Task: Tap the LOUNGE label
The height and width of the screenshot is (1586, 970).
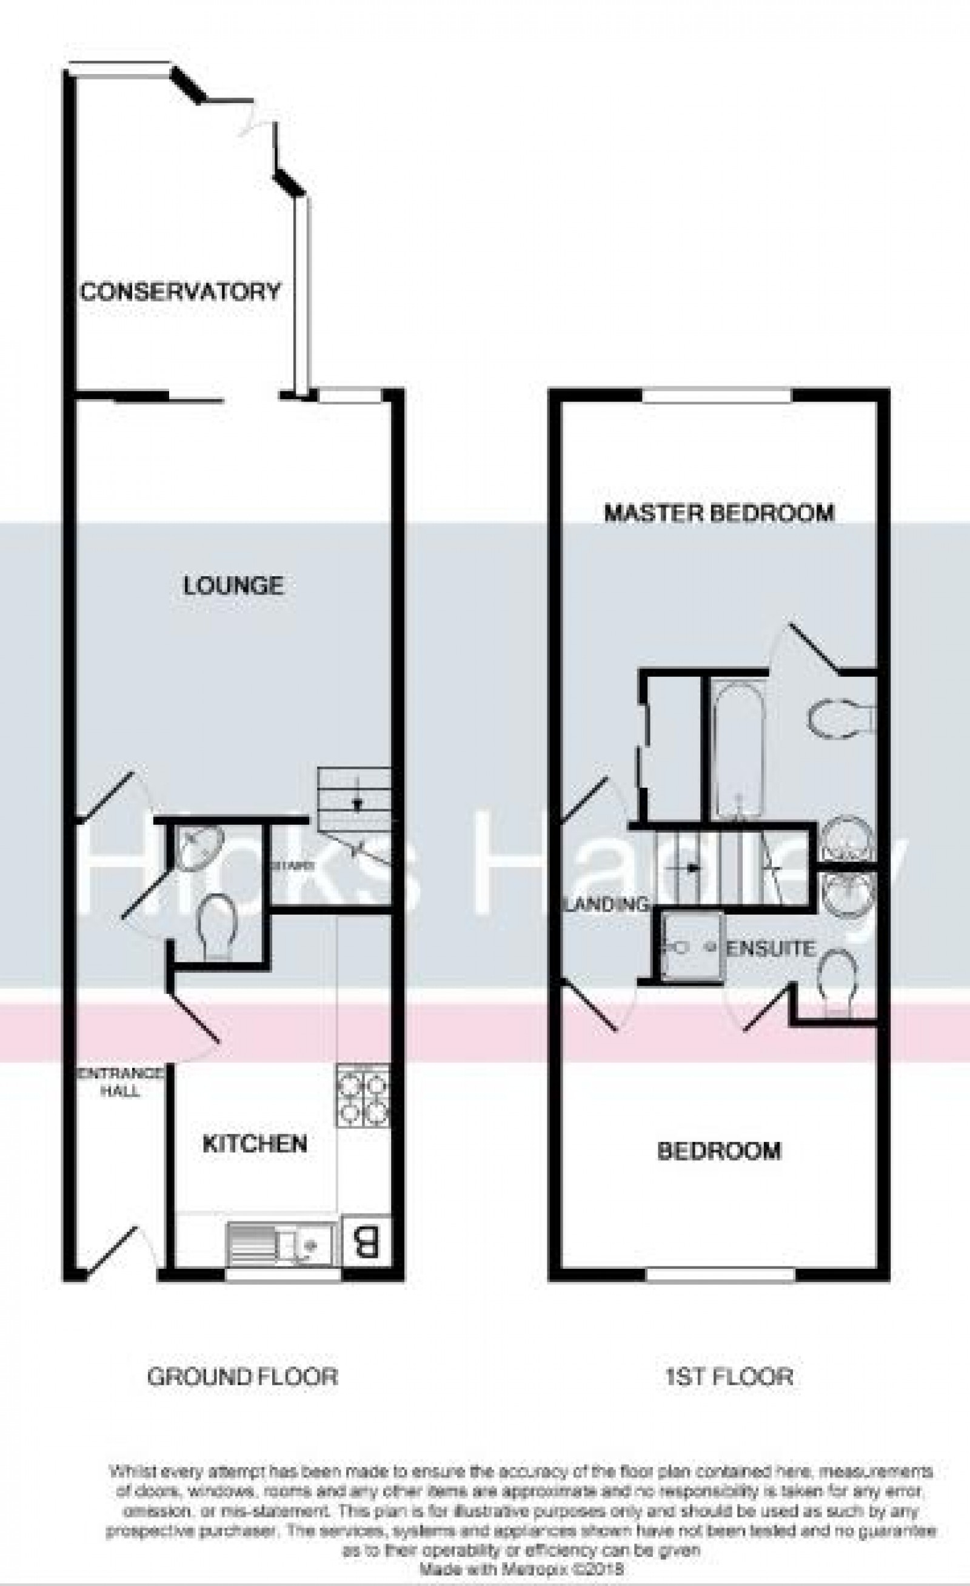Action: pos(233,586)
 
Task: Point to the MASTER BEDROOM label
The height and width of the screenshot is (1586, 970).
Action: pos(719,513)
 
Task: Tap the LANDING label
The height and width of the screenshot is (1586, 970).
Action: pos(606,904)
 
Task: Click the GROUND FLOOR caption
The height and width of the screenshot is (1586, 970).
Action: pos(242,1377)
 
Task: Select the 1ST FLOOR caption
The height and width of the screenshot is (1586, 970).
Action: pos(729,1377)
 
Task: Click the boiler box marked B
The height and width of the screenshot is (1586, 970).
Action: pos(366,1244)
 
